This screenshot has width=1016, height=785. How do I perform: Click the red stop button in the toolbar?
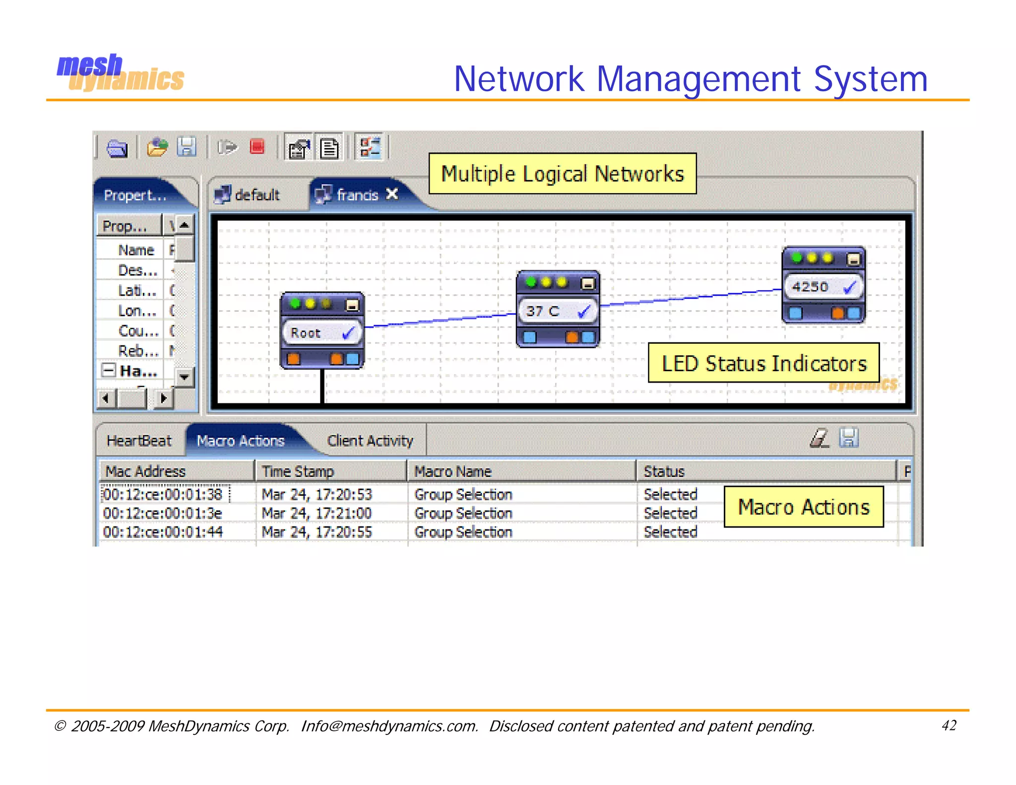tap(257, 147)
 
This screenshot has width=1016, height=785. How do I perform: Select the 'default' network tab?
tap(248, 195)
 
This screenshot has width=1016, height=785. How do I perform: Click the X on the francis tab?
tap(392, 194)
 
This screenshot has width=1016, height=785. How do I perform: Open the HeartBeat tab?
tap(139, 441)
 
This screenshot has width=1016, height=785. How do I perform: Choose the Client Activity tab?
tap(370, 441)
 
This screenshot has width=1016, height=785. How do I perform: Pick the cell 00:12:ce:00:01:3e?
tap(163, 513)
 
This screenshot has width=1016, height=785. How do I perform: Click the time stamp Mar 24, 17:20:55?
tap(317, 532)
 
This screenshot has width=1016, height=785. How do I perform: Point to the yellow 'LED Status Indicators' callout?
tap(763, 363)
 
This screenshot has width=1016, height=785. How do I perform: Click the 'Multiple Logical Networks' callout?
tap(562, 174)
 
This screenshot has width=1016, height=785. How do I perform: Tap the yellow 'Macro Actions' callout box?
tap(803, 507)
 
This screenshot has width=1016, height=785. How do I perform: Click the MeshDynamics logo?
tap(120, 73)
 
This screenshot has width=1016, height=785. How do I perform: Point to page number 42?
tap(949, 725)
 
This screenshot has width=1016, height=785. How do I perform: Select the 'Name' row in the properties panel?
tap(135, 250)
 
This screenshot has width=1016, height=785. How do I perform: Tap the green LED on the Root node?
tap(295, 303)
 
